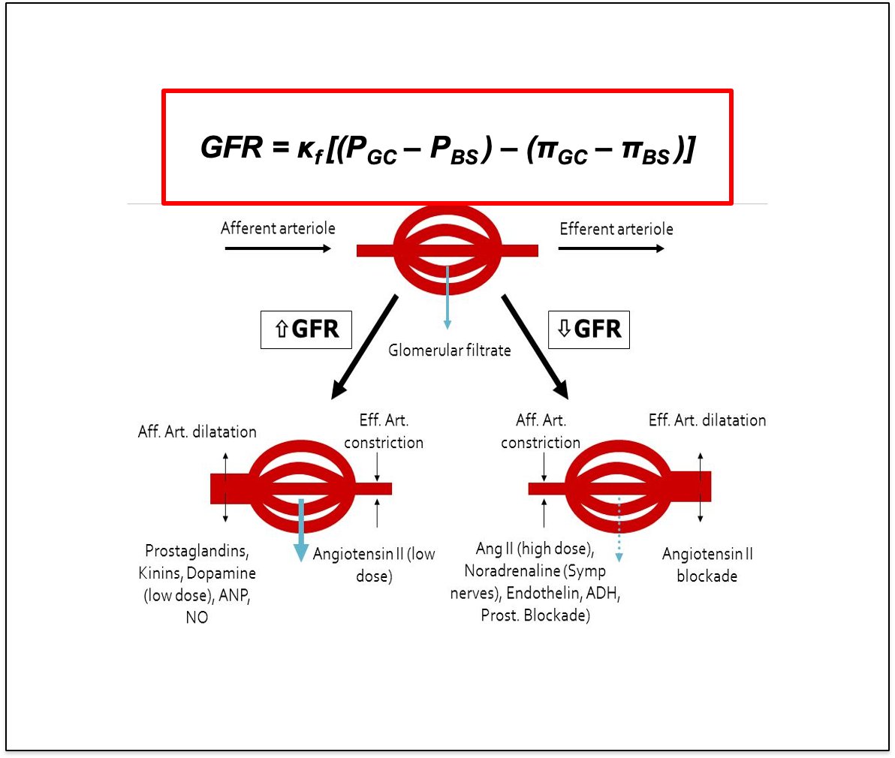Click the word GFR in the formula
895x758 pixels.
click(231, 147)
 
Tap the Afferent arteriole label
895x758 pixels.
click(278, 228)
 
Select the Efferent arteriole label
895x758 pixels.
click(616, 229)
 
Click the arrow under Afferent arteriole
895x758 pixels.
click(278, 248)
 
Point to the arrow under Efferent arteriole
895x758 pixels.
click(611, 248)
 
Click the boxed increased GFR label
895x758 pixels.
click(306, 329)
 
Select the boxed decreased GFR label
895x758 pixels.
click(589, 329)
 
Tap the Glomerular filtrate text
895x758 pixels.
click(449, 350)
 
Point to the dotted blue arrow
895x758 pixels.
click(619, 530)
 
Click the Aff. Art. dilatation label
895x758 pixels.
click(197, 432)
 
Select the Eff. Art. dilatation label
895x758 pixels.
click(707, 420)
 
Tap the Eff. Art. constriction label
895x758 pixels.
click(384, 432)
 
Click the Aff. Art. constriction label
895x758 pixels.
click(541, 432)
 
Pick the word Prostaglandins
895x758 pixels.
click(197, 551)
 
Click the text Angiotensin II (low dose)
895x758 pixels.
click(374, 565)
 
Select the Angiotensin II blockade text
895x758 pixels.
click(707, 565)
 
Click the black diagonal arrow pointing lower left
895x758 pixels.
click(365, 345)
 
